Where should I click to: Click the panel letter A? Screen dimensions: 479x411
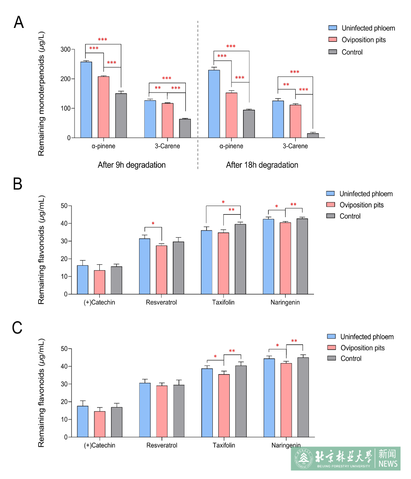click(19, 22)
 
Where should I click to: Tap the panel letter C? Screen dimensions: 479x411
click(17, 328)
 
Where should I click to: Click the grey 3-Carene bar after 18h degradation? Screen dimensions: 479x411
click(313, 135)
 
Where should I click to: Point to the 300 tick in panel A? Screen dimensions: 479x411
click(65, 49)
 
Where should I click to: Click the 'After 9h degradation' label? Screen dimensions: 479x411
click(131, 165)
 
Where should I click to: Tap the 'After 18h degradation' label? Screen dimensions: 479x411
click(262, 165)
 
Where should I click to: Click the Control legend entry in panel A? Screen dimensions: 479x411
click(352, 52)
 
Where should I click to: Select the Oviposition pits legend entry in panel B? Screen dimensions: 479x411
click(362, 205)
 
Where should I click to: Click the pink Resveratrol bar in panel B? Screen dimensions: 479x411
click(162, 270)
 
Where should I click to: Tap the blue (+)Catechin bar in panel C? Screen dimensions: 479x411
click(83, 421)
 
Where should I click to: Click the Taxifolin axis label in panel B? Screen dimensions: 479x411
click(223, 303)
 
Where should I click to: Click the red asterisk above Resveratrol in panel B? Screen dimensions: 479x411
click(153, 224)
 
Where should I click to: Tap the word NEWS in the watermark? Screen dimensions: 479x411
click(388, 464)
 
